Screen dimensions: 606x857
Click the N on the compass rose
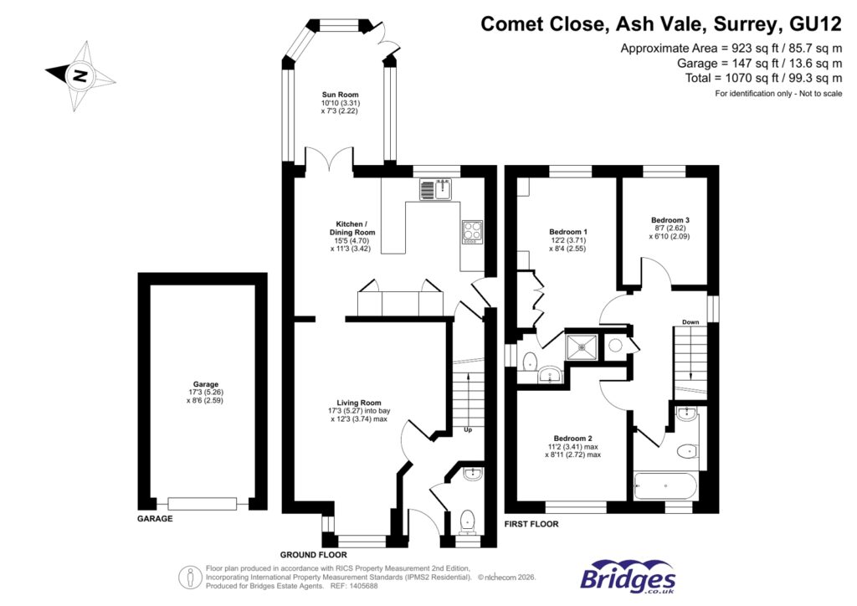(80, 75)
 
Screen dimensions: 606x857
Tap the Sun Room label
(340, 95)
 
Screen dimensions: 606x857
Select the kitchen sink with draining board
(434, 190)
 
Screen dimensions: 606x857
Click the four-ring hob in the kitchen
(470, 231)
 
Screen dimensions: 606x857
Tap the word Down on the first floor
(690, 321)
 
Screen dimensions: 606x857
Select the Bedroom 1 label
(567, 232)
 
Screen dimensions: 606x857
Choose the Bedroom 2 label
(572, 438)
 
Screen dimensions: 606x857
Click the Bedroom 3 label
(670, 220)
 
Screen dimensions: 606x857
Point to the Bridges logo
(628, 578)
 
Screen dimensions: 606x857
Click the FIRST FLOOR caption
(531, 524)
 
